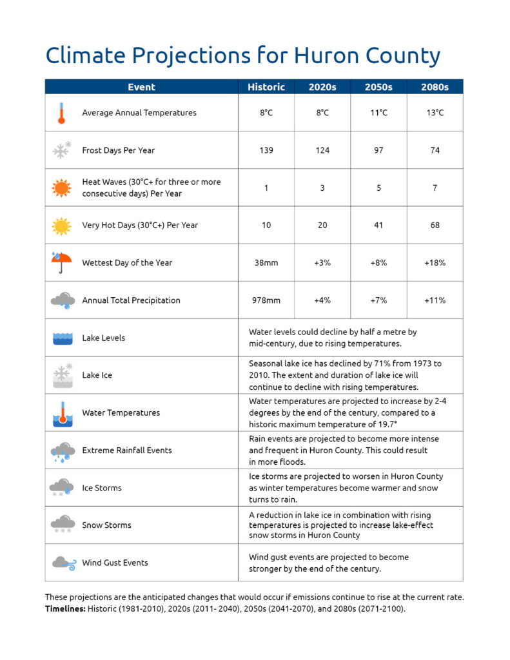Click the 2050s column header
378,87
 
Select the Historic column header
266,87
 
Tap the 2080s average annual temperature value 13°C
435,113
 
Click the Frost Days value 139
266,150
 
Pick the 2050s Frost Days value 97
378,150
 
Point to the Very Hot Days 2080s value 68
435,225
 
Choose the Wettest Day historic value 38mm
266,263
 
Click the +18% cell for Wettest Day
435,263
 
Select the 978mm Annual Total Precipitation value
266,300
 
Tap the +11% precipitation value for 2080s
435,300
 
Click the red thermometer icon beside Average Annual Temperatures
61,113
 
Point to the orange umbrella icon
61,262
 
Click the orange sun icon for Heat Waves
61,188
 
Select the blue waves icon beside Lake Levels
61,338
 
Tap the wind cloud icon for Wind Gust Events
61,563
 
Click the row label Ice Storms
102,488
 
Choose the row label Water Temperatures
121,412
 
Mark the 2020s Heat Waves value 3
322,188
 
